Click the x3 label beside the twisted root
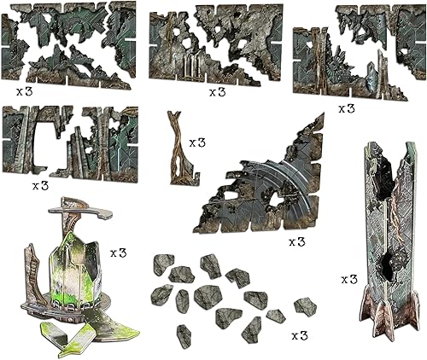pos(197,142)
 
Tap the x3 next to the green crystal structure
pos(119,253)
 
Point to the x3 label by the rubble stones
pos(299,335)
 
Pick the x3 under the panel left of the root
pos(40,184)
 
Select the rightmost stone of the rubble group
pos(305,305)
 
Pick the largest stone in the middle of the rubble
pos(208,297)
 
